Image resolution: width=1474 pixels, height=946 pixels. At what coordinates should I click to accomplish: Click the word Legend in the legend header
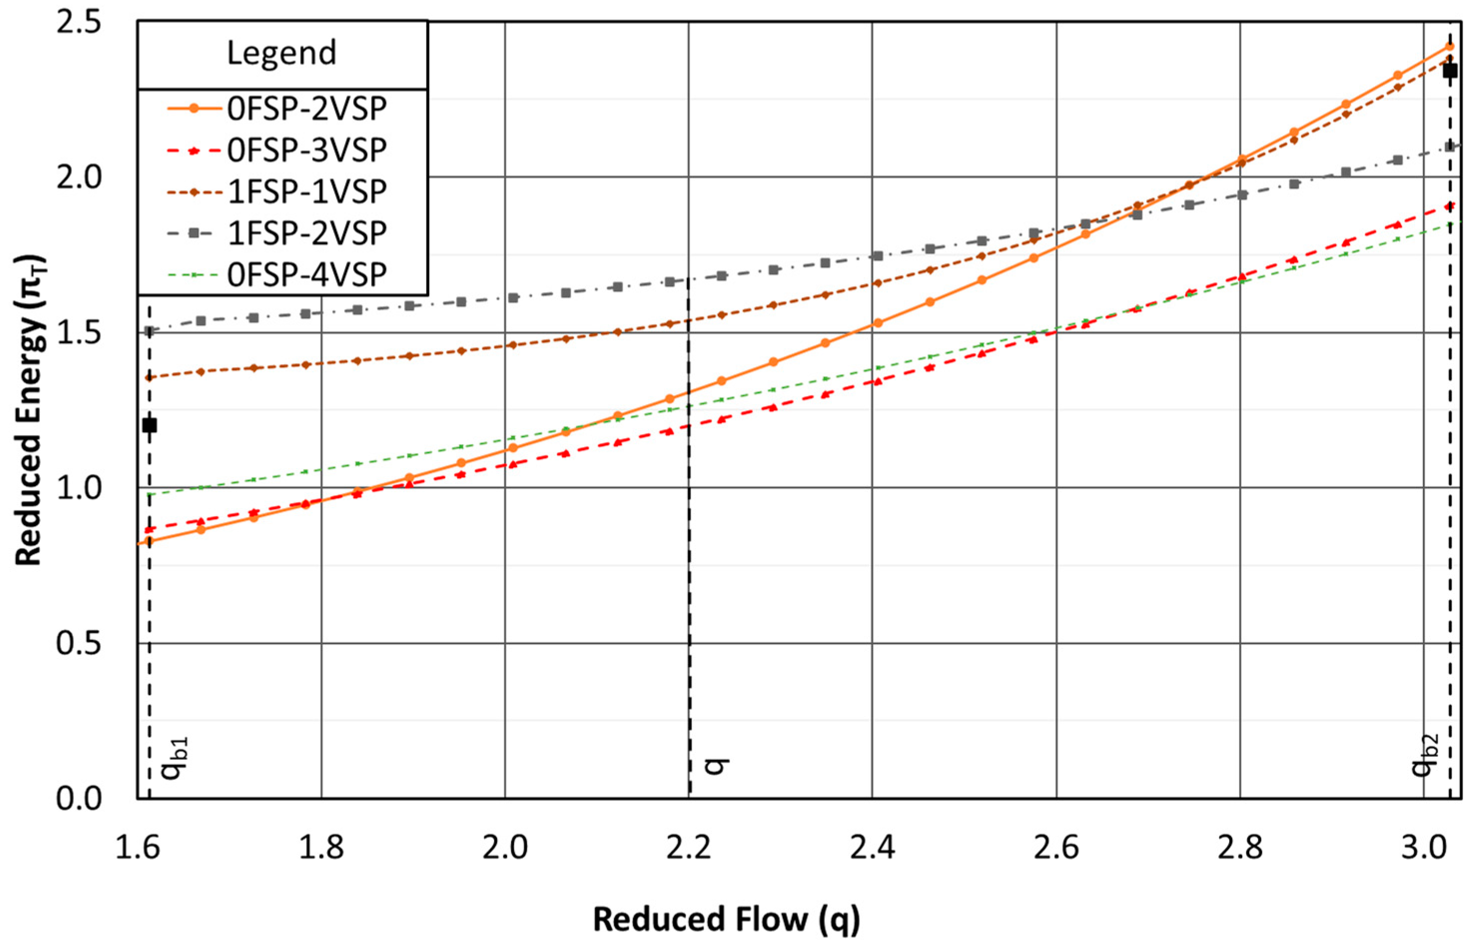(282, 53)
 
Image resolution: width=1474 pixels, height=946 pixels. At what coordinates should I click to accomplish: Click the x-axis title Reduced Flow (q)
(726, 920)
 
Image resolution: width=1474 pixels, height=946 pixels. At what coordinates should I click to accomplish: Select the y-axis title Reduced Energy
(29, 410)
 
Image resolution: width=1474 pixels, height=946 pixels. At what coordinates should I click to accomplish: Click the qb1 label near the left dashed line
(174, 759)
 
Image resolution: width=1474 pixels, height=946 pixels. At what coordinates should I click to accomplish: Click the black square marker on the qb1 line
(149, 425)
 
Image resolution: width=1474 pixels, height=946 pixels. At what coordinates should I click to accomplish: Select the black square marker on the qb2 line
(1450, 71)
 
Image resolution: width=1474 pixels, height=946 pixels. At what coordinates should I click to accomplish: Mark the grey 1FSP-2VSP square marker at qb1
(149, 331)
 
